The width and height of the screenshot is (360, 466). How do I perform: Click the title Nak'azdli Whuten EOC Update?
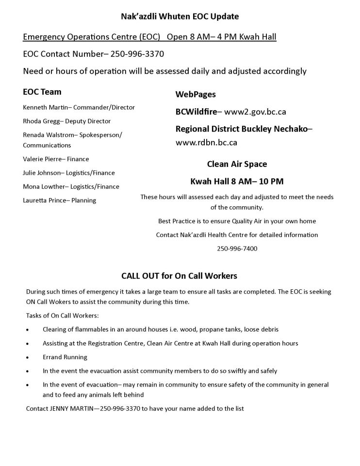(180, 17)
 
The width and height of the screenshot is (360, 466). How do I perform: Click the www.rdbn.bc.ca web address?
(206, 143)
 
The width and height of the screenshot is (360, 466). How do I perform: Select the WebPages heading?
(196, 94)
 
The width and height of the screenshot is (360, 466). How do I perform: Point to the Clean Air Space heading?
(237, 164)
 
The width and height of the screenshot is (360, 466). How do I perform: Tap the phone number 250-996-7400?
(237, 249)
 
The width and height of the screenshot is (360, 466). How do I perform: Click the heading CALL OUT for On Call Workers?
(179, 276)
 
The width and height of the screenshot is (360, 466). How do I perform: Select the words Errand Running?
(65, 357)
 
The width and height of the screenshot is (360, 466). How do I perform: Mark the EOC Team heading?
(42, 92)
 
